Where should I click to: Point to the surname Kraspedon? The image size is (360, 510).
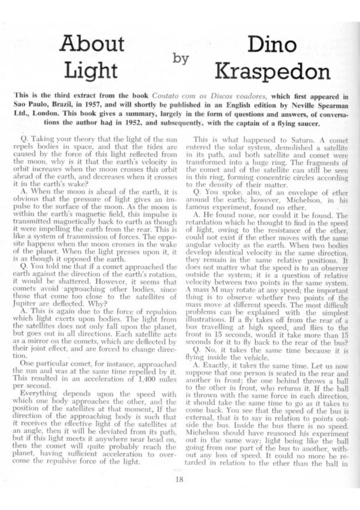coord(263,72)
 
